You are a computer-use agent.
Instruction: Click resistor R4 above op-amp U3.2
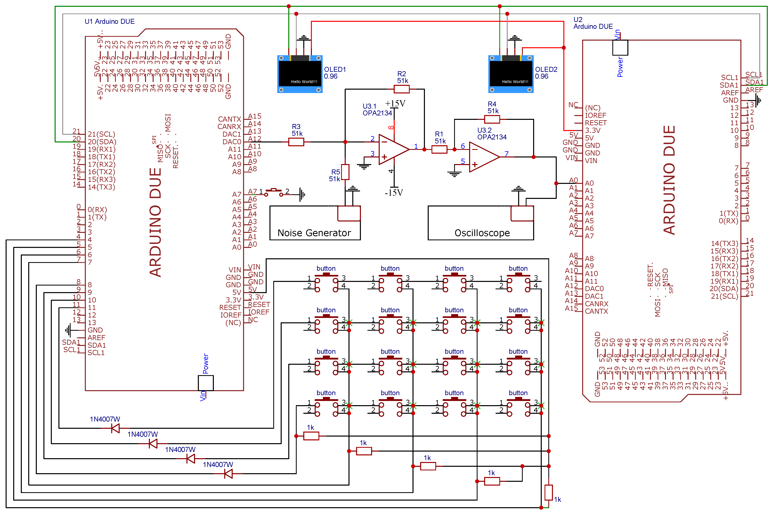[x=492, y=119]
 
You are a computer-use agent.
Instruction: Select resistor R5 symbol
[x=345, y=172]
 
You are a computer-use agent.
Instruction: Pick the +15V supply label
[x=395, y=104]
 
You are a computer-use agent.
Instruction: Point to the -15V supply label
[x=394, y=193]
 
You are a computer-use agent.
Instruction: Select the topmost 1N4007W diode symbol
[x=115, y=428]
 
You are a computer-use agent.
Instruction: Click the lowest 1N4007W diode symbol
[x=228, y=473]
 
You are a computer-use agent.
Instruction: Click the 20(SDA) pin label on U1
[x=102, y=142]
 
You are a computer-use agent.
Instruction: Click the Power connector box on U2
[x=620, y=48]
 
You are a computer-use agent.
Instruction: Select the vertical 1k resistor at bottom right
[x=549, y=492]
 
